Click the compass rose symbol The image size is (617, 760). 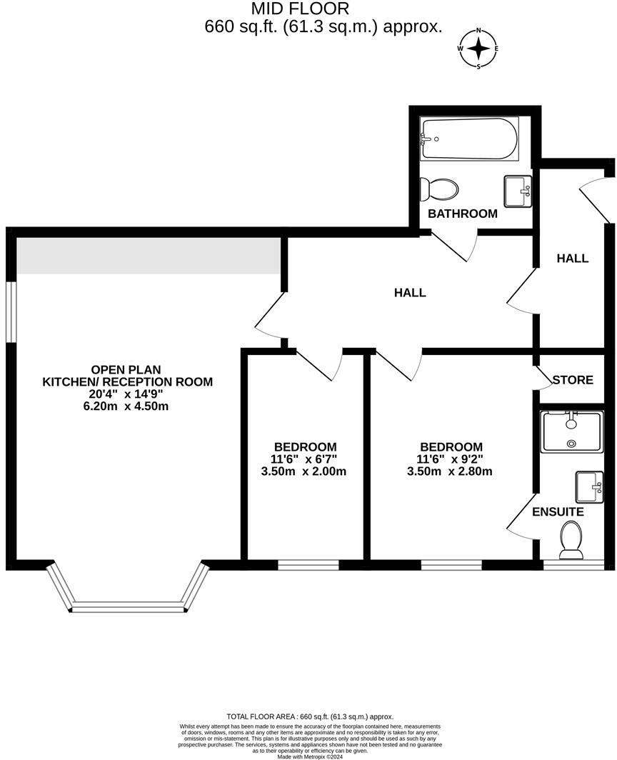[x=479, y=49]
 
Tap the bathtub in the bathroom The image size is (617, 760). [x=469, y=138]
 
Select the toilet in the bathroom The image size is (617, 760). [x=438, y=189]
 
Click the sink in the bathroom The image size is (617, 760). [x=518, y=191]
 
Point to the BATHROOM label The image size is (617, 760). [x=462, y=214]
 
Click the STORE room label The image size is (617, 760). [x=573, y=379]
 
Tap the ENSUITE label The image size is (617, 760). [x=558, y=512]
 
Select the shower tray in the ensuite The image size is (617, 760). [x=572, y=431]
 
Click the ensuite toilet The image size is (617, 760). [x=572, y=541]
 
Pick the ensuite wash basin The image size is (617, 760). [x=589, y=486]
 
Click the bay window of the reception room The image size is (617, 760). [x=129, y=587]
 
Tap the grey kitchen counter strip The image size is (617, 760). [x=149, y=256]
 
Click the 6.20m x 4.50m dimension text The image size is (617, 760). [x=126, y=406]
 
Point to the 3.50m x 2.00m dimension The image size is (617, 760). [x=304, y=471]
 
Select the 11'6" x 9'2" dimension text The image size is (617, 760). [x=451, y=459]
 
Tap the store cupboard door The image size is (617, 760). [x=544, y=377]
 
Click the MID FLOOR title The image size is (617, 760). [x=301, y=9]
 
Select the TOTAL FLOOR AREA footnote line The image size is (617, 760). [x=310, y=716]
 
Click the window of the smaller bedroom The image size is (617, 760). [x=308, y=565]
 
